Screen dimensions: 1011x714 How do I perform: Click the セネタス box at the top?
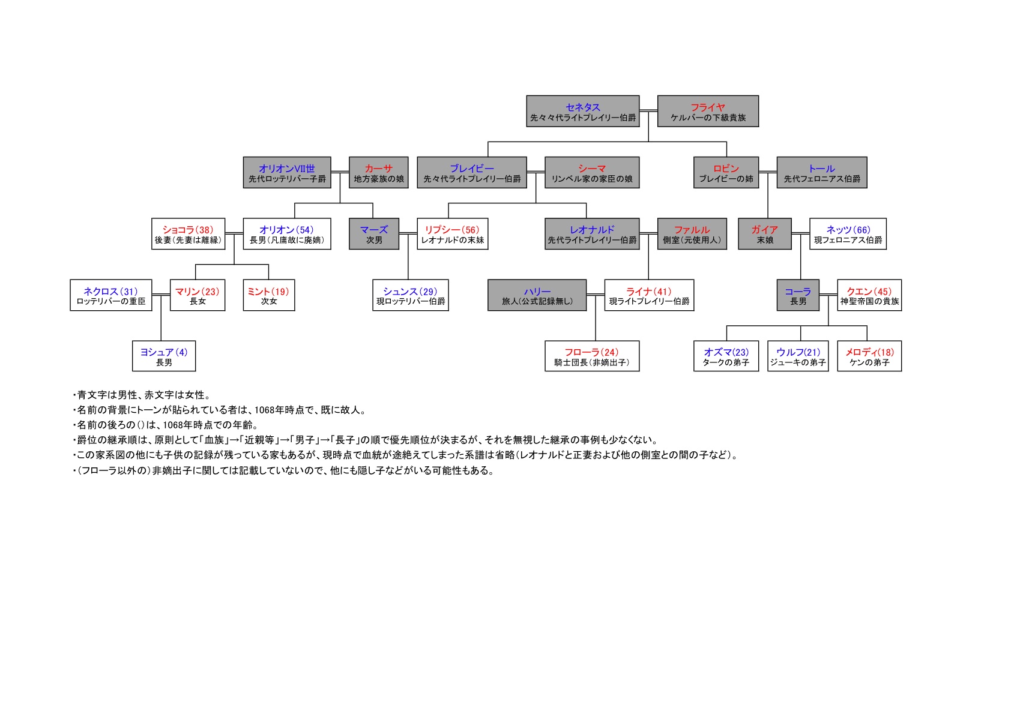(x=583, y=111)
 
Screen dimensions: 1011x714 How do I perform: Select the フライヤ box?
(x=708, y=111)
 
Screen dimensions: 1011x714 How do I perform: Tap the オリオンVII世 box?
(x=287, y=172)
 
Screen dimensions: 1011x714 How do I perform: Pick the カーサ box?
(x=379, y=172)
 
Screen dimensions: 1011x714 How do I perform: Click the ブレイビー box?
(x=472, y=172)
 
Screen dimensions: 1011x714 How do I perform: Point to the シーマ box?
(x=592, y=172)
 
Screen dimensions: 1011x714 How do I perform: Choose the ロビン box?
(x=726, y=172)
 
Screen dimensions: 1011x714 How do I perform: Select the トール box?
(x=821, y=172)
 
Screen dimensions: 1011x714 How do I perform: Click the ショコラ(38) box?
(x=188, y=233)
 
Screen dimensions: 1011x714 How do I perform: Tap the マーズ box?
(x=373, y=233)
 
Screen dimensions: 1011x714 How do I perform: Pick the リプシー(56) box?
(x=452, y=233)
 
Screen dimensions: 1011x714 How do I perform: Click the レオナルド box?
(x=592, y=233)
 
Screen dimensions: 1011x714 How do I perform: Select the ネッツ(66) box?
(x=848, y=233)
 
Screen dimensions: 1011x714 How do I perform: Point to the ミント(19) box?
(x=268, y=295)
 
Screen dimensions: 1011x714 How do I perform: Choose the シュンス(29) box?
(x=410, y=295)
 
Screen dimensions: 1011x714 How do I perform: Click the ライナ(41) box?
(x=649, y=295)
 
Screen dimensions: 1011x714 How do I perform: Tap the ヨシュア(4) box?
(x=164, y=356)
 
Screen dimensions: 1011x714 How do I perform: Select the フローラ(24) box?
(x=592, y=356)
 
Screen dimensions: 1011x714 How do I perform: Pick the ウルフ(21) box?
(x=797, y=356)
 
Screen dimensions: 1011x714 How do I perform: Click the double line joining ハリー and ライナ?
(x=596, y=295)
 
